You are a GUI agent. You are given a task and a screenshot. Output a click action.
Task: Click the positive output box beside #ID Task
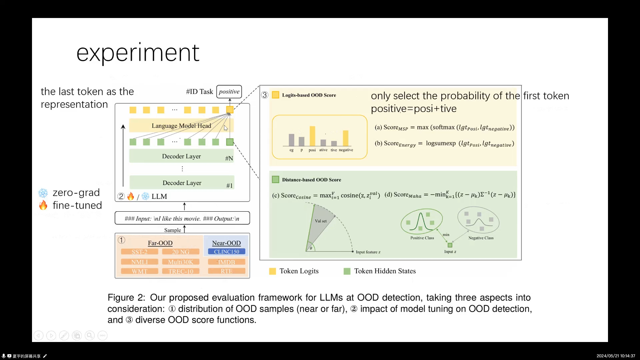[x=229, y=92]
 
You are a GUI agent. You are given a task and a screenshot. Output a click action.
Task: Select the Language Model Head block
[x=181, y=126]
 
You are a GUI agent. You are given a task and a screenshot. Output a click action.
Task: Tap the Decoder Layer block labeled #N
[x=181, y=156]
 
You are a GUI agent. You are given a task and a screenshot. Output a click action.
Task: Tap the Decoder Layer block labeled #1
[x=182, y=183]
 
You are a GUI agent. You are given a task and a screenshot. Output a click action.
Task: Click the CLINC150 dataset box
[x=226, y=252]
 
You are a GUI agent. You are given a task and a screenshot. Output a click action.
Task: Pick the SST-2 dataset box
[x=139, y=252]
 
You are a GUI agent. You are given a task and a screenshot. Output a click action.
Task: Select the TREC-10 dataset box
[x=181, y=271]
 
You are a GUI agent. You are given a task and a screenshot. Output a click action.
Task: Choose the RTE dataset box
[x=226, y=271]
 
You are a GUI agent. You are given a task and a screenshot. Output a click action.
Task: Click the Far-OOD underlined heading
[x=160, y=243]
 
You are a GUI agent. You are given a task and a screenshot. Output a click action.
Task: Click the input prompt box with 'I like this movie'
[x=182, y=219]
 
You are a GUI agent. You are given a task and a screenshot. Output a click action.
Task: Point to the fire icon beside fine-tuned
[x=43, y=205]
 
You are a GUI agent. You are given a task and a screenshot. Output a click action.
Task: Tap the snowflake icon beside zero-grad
[x=43, y=193]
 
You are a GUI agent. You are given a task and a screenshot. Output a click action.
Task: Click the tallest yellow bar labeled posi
[x=312, y=136]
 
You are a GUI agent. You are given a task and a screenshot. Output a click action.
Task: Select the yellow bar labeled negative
[x=346, y=138]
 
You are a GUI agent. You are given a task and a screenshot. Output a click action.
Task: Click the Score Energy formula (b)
[x=444, y=144]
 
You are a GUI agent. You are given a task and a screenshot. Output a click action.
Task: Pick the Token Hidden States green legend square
[x=347, y=271]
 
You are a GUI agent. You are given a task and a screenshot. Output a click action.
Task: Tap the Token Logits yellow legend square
[x=272, y=271]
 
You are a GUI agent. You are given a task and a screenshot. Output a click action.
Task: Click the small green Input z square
[x=450, y=245]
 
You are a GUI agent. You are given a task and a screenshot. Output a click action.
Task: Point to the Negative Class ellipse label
[x=481, y=238]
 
